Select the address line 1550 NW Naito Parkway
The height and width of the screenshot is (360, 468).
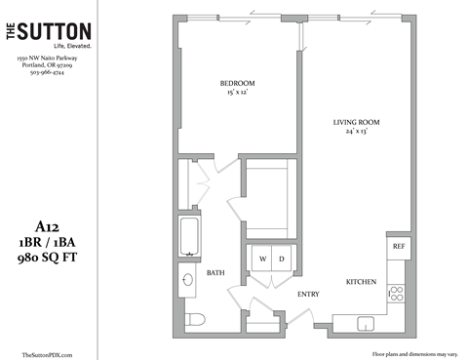[47, 60]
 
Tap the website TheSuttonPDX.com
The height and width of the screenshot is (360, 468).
[47, 353]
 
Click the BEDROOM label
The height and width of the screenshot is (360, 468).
[237, 84]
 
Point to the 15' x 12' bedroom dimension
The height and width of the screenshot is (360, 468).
[237, 94]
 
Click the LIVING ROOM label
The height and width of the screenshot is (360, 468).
[355, 122]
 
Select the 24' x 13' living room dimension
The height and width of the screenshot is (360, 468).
[355, 133]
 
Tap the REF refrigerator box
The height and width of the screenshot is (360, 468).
[398, 247]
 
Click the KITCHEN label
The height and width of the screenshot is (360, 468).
[361, 281]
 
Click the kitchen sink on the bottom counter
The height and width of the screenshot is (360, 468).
[366, 322]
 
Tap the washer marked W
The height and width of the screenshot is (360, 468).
[262, 259]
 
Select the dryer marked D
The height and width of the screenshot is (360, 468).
[282, 259]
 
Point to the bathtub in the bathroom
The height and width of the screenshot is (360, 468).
[189, 237]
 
